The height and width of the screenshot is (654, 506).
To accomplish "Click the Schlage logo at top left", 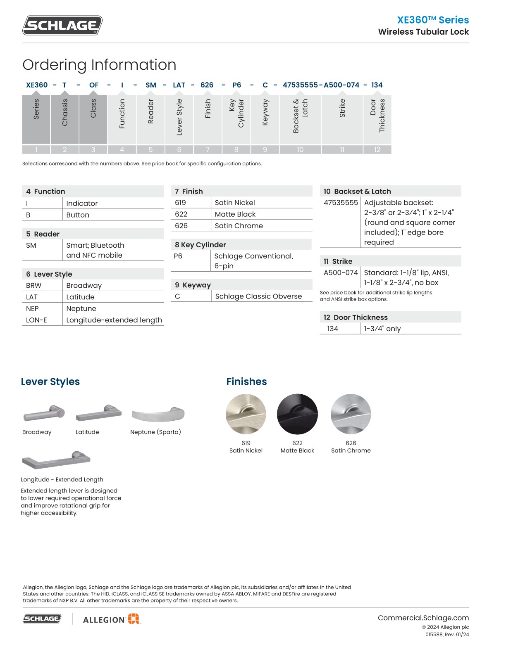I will (x=62, y=25).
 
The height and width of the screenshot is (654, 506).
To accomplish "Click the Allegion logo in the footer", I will (x=111, y=619).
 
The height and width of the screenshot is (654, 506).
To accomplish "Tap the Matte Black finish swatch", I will (x=297, y=414).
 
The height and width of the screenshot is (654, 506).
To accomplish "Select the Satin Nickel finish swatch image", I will (x=246, y=414).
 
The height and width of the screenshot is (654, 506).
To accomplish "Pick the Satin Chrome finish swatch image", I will (x=351, y=414).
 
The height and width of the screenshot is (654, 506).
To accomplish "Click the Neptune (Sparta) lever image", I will (x=158, y=414).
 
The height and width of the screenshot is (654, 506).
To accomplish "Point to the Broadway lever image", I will (x=44, y=413).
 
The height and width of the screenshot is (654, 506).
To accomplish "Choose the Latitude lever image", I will (x=99, y=413).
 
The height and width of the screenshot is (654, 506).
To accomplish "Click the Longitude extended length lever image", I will (x=56, y=460).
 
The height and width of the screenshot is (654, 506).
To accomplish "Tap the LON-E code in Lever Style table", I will (x=36, y=320).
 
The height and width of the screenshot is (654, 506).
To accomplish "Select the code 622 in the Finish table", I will (x=181, y=214).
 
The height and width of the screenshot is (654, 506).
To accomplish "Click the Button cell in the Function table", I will (x=78, y=215).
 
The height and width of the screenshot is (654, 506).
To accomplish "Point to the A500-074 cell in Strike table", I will (x=341, y=272).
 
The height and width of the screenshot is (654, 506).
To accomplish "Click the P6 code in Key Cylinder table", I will (x=178, y=256).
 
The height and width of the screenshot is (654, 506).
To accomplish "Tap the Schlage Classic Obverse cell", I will (x=258, y=296).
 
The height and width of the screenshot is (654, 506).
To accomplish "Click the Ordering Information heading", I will (x=99, y=65).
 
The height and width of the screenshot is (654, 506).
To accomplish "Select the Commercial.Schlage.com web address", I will (x=423, y=618).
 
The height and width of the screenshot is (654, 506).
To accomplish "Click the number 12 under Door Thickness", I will (x=377, y=149).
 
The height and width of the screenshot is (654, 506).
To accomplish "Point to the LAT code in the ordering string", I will (x=179, y=85).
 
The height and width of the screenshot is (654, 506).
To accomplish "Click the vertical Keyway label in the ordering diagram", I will (x=265, y=112).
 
